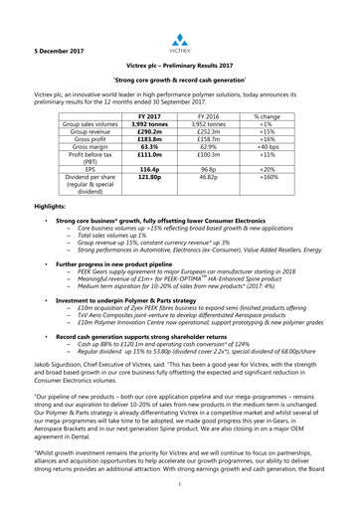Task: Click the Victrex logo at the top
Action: tap(180, 40)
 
